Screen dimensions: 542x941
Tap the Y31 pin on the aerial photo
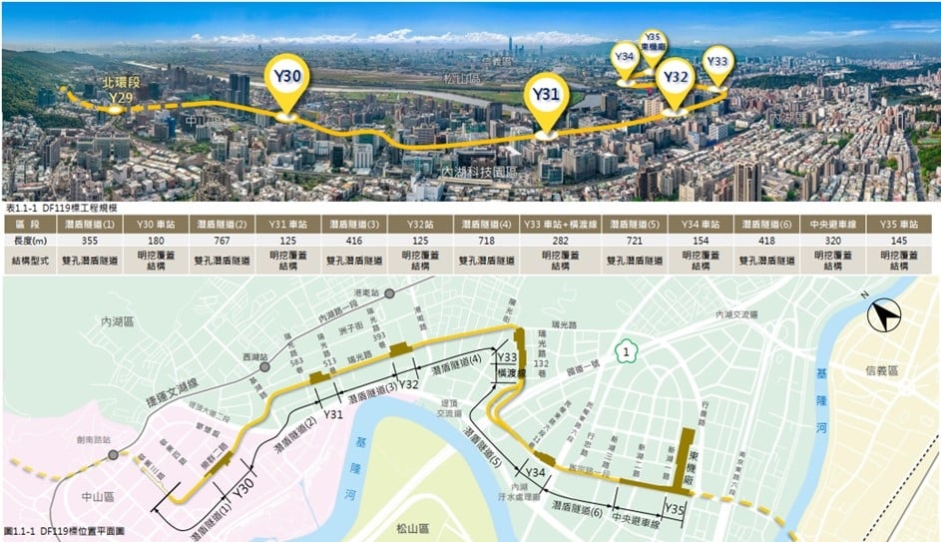[x=545, y=95]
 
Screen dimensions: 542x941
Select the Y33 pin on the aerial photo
[x=716, y=62]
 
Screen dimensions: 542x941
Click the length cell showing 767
[x=223, y=241]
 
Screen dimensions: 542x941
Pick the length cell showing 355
[x=95, y=241]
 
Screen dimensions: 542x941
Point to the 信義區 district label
[x=881, y=370]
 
